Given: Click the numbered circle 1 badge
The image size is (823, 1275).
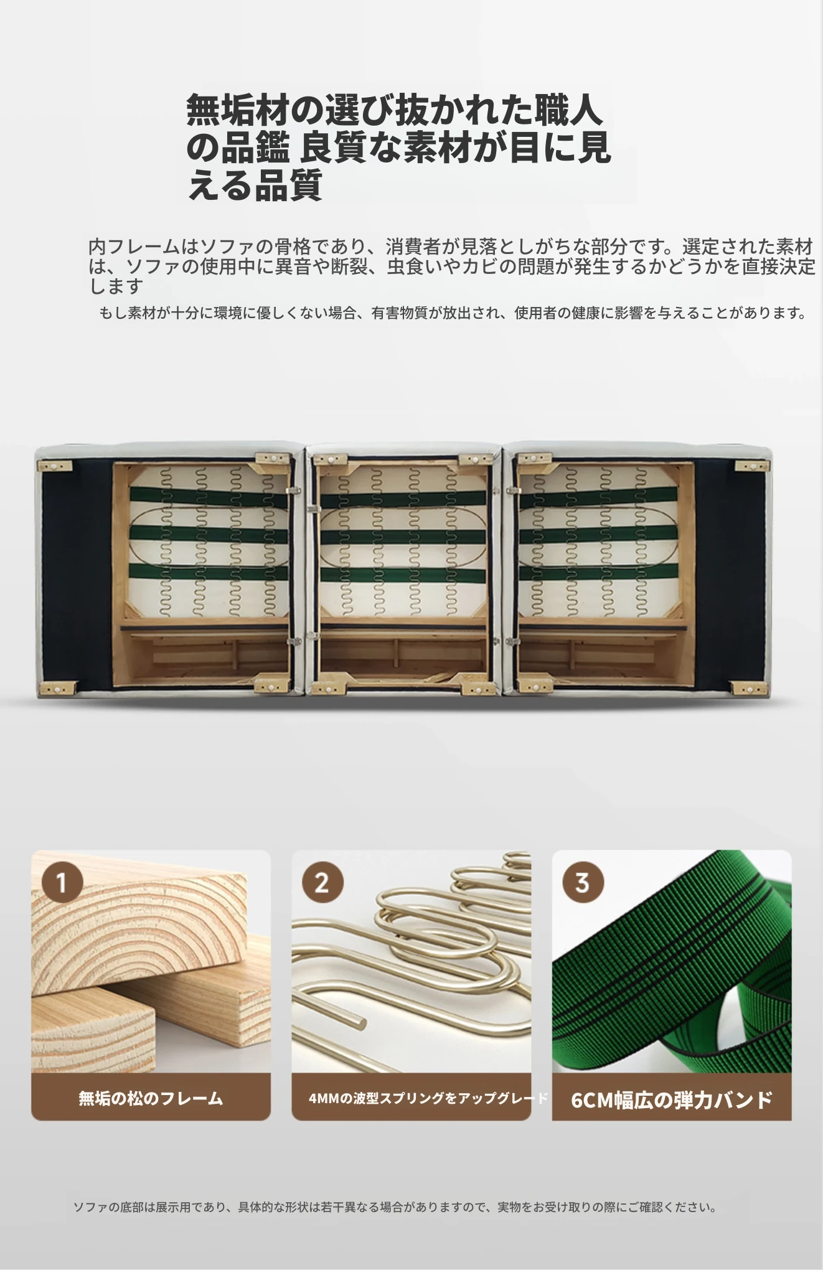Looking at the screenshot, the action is point(62,882).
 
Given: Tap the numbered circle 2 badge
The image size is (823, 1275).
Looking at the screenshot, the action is point(322,882).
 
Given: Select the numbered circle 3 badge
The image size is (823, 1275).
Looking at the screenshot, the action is point(583,882).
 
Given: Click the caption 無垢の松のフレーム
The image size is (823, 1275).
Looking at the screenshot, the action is point(151,1098).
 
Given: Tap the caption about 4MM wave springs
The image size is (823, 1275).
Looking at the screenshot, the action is point(428,1098).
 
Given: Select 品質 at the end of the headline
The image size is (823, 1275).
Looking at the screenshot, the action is point(289,185).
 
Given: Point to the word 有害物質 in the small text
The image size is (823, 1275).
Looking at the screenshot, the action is point(399,313).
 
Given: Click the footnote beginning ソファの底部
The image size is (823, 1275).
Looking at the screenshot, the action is point(395,1207).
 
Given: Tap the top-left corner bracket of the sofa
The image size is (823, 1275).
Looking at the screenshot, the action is point(55,466).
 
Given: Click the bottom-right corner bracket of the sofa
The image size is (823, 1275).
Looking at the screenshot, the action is point(750,688).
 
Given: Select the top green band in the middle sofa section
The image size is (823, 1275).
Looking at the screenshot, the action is point(403,499).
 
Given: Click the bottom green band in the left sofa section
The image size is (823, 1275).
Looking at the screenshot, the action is point(209,572).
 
